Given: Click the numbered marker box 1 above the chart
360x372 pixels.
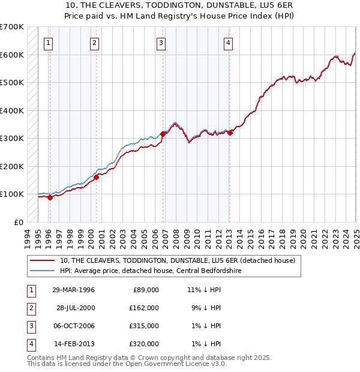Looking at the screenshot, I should point(47,42).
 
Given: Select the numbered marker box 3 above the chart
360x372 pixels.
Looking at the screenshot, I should point(161,42).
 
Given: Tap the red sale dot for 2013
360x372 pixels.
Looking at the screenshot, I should point(230,133).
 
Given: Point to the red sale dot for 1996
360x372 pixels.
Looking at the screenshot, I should point(50,197).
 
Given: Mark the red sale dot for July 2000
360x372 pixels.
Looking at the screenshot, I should point(96,177).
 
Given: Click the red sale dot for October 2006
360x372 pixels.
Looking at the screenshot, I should point(163,134).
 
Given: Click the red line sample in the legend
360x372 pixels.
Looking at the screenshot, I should point(43,261).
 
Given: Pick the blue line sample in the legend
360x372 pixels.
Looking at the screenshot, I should point(43,271).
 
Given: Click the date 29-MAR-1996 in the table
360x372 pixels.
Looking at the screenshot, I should point(73,290).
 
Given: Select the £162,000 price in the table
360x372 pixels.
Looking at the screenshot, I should point(144,308).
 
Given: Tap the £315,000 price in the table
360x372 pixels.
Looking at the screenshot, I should point(144,326).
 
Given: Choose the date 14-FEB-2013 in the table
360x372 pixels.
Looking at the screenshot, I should point(73,344).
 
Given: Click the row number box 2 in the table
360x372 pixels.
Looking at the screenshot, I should point(30,308).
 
